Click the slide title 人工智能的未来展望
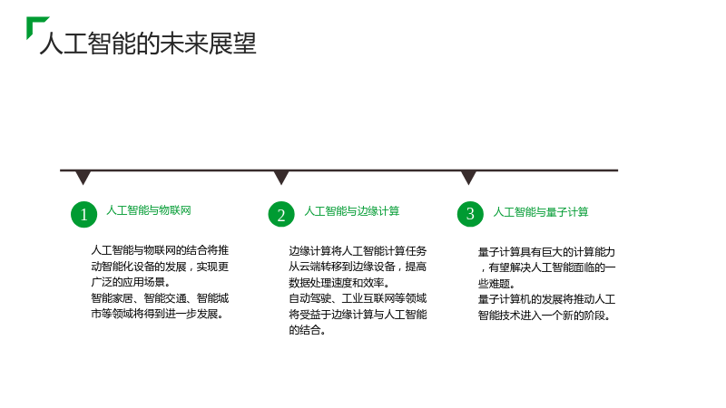pos(148,44)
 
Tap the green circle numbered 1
pos(83,214)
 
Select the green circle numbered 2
pos(281,214)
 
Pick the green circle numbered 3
pos(470,214)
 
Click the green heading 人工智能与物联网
pos(149,210)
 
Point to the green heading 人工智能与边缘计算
pos(352,211)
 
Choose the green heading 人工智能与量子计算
pos(541,212)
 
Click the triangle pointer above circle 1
pos(83,178)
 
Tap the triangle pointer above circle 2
pos(281,178)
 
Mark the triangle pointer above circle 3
pos(468,178)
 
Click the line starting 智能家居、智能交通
pos(160,298)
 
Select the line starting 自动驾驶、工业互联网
pos(358,298)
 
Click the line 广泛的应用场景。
pos(131,282)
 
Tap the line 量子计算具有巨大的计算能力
pos(546,252)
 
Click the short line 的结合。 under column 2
pos(308,330)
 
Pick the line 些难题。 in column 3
pos(496,284)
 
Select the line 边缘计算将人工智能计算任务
pos(358,251)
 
